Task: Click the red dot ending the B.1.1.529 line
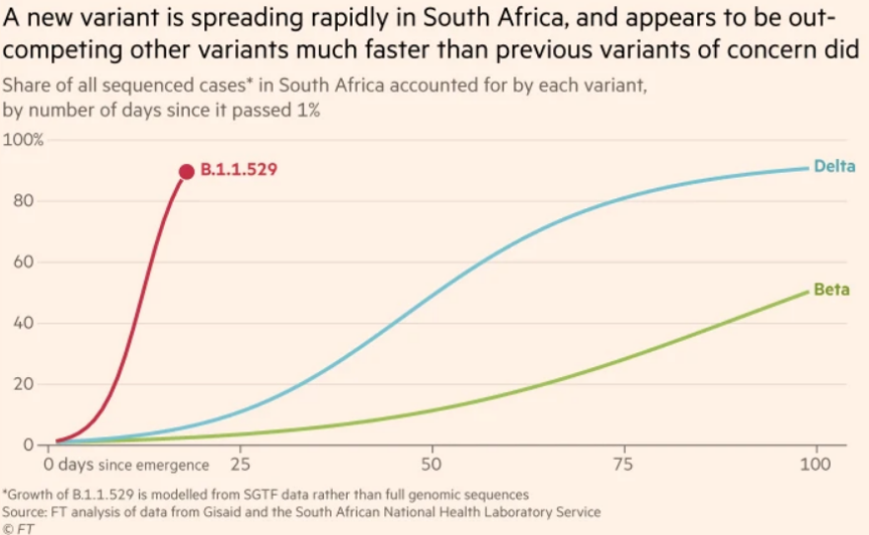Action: (x=186, y=171)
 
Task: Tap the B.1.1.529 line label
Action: (x=238, y=170)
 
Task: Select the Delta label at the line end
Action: (x=833, y=166)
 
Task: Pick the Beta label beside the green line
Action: (x=831, y=290)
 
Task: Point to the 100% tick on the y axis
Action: (x=24, y=140)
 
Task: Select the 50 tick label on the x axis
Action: (x=432, y=462)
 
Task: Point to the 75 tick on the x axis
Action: (x=623, y=462)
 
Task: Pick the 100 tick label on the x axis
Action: (x=816, y=462)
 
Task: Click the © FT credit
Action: (x=18, y=528)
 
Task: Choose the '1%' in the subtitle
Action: (x=307, y=110)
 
